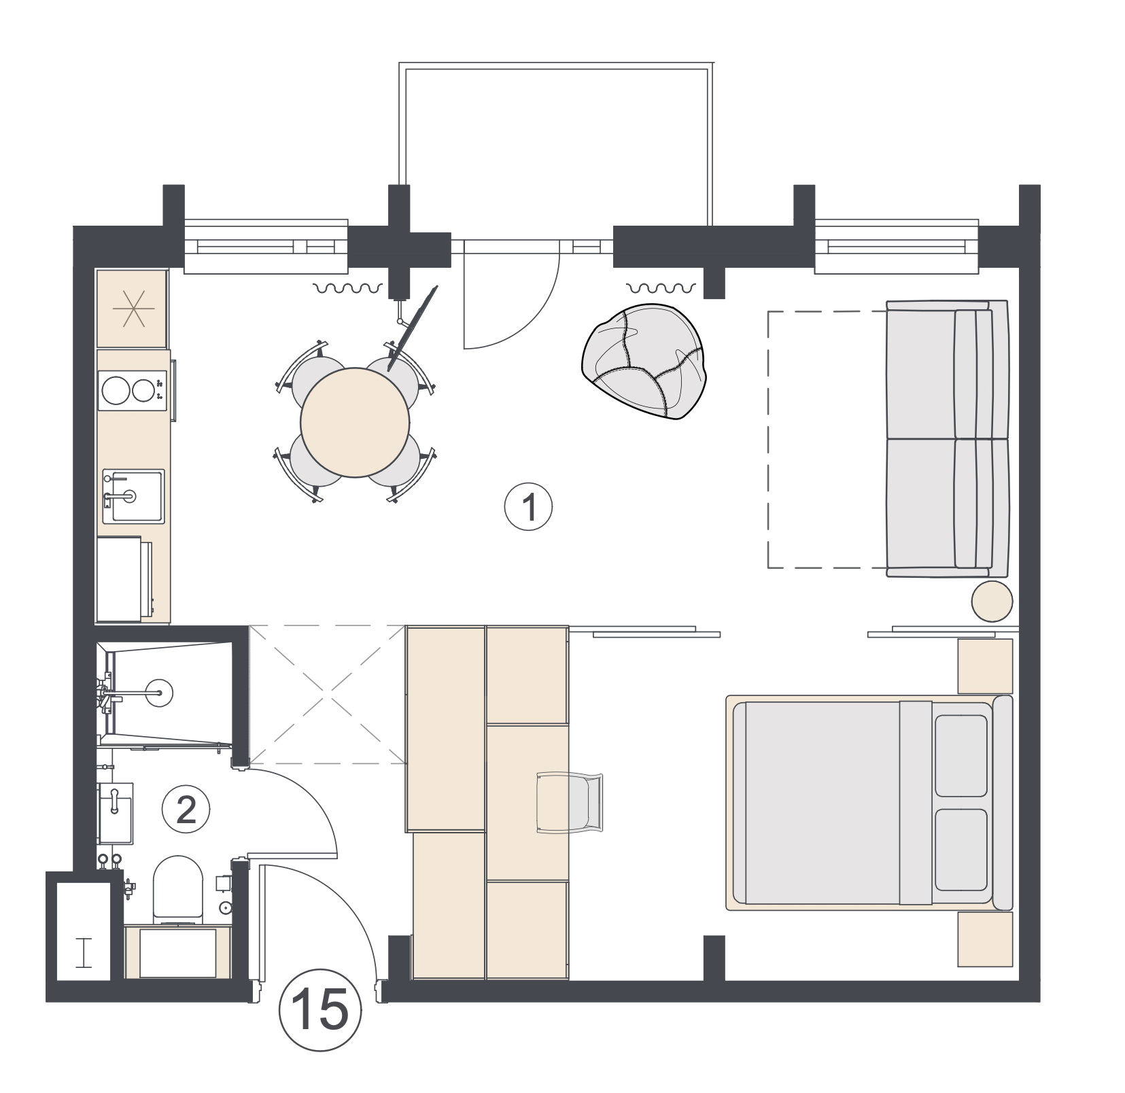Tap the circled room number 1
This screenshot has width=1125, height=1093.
point(529,507)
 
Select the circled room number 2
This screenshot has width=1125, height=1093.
point(186,810)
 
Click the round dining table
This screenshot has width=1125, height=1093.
point(355,423)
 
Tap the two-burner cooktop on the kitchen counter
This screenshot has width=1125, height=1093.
point(132,390)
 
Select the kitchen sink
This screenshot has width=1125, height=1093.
point(133,496)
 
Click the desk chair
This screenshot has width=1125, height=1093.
point(570,802)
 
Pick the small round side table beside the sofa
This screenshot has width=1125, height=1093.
point(992,602)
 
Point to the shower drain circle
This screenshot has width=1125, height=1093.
point(160,693)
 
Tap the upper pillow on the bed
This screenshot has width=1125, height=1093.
point(960,755)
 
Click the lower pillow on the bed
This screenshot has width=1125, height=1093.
point(960,850)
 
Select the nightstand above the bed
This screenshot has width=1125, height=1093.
point(985,665)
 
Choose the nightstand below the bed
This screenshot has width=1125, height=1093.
point(985,939)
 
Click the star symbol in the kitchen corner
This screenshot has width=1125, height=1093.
point(133,309)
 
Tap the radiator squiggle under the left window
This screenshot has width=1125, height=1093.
point(347,289)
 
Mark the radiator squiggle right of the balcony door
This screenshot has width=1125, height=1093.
point(661,288)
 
